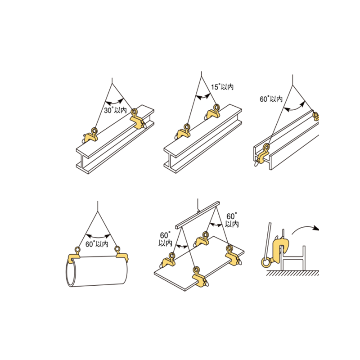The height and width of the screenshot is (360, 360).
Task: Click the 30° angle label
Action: point(115,110)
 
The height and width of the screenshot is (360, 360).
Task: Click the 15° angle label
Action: point(222,87)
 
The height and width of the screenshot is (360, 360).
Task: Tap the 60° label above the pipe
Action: point(97,244)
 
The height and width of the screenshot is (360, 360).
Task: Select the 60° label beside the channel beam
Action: point(271,99)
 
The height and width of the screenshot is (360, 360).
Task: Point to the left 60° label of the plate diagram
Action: point(165,239)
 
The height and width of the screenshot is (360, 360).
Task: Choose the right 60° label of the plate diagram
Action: point(232,220)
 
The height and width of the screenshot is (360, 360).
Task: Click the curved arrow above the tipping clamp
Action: point(306,229)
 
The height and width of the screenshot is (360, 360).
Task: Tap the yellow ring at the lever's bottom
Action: point(266,262)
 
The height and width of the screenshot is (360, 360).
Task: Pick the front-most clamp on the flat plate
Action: point(200,277)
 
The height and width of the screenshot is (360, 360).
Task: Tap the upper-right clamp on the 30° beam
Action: point(138,119)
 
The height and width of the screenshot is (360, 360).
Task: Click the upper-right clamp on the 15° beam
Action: point(213,112)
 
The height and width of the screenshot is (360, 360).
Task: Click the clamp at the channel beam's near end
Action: point(262,154)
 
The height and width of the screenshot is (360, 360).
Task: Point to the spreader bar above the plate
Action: point(198,215)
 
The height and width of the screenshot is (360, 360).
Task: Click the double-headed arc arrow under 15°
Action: point(203,97)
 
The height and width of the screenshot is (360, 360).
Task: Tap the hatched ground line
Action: point(293,273)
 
